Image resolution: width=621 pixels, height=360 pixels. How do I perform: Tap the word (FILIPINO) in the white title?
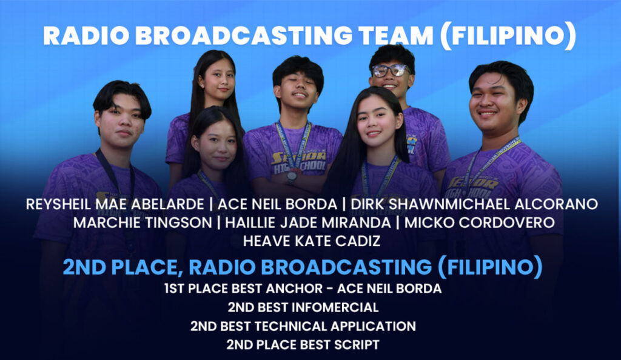click(x=508, y=36)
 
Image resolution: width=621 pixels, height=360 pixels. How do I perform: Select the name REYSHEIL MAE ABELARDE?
click(x=115, y=204)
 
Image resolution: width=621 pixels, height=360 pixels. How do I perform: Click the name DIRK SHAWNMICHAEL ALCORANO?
click(x=474, y=204)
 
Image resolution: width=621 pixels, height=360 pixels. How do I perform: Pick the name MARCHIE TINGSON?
click(x=143, y=222)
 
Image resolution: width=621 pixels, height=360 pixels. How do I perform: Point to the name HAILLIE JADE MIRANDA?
click(x=307, y=222)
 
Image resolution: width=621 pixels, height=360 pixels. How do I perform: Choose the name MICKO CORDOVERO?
click(x=479, y=222)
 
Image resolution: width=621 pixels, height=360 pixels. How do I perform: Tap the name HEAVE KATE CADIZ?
click(x=312, y=241)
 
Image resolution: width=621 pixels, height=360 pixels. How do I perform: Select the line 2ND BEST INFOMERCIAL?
click(x=303, y=307)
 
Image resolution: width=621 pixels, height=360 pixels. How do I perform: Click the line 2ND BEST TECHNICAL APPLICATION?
click(x=303, y=326)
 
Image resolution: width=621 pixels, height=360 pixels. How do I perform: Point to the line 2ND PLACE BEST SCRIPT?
click(x=303, y=345)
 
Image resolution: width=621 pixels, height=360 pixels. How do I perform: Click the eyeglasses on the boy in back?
click(x=391, y=70)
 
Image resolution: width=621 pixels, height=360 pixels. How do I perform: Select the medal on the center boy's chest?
click(x=292, y=175)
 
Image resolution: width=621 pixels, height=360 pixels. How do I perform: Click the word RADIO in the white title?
click(x=86, y=35)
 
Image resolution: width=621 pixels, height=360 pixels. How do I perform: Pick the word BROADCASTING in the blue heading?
click(x=310, y=267)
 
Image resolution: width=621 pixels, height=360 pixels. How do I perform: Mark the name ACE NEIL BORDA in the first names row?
click(x=277, y=204)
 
